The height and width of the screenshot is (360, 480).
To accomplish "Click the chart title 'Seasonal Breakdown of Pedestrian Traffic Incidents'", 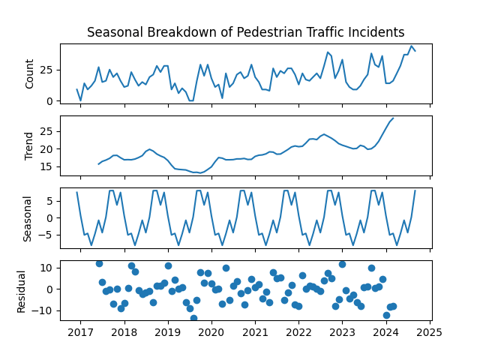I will click(x=245, y=32).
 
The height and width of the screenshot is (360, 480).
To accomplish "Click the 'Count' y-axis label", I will click(x=30, y=73).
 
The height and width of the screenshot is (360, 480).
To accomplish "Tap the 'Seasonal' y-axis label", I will click(x=28, y=217).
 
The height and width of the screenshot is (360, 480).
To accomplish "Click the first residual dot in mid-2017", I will click(x=99, y=263).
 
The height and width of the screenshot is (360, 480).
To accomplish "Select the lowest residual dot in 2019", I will click(x=193, y=318).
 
